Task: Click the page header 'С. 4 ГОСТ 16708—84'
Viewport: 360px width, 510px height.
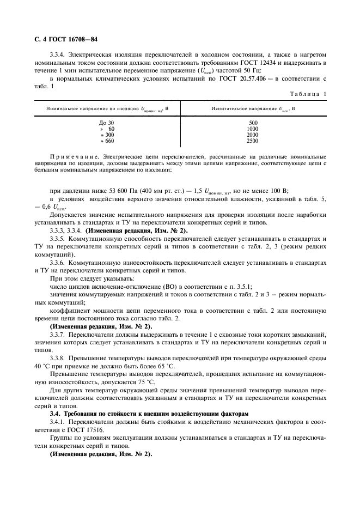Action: [x=63, y=39]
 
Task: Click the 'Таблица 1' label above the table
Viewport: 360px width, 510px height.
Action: [x=308, y=94]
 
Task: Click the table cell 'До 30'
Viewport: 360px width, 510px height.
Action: [x=107, y=123]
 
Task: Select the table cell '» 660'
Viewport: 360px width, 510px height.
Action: [x=107, y=141]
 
